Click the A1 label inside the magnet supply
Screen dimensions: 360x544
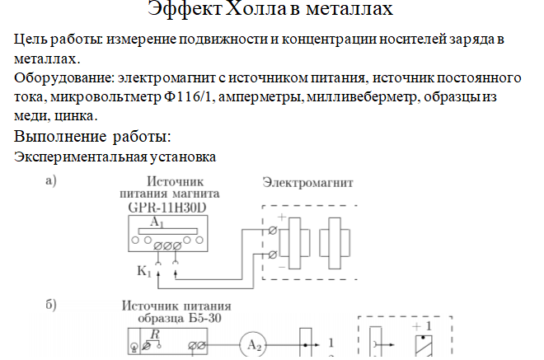(x=158, y=223)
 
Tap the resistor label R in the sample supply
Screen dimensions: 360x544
(x=154, y=333)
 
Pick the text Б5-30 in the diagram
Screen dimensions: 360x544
(x=201, y=318)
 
